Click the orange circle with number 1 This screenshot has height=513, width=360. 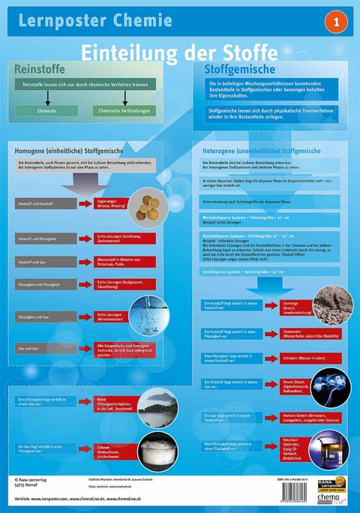pos(336,22)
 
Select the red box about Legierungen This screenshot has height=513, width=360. pos(112,204)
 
